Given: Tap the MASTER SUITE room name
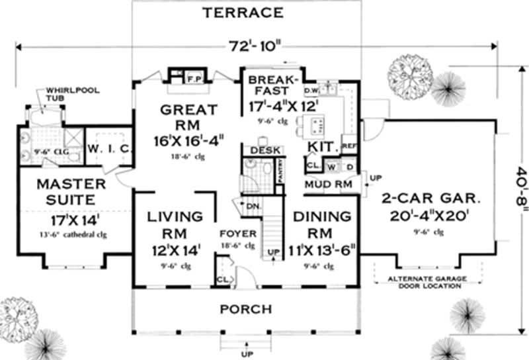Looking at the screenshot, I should (x=61, y=191).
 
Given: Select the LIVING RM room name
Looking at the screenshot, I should (x=175, y=225).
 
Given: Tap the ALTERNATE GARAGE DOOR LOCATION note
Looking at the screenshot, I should (x=425, y=282).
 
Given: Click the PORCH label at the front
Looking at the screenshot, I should (x=245, y=309).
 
